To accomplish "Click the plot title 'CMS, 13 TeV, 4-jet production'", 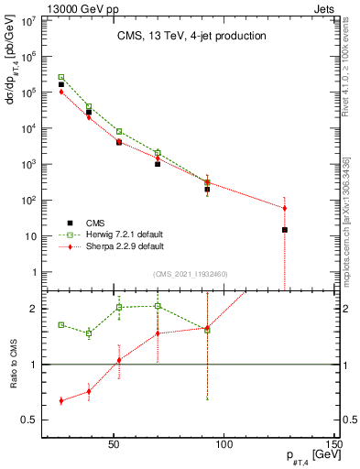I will click(x=191, y=36).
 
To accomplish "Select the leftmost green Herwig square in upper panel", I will click(x=61, y=77).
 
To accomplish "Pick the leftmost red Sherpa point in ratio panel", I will click(x=61, y=400).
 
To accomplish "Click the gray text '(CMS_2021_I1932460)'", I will click(x=191, y=273).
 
